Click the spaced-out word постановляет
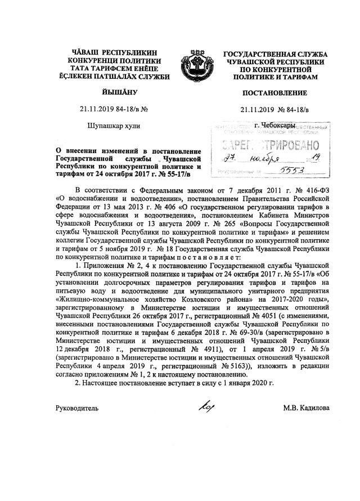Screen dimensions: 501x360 click(211, 257)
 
